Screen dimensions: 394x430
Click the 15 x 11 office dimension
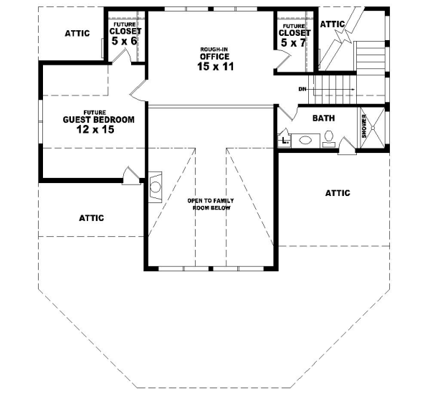coord(215,67)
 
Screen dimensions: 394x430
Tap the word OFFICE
coord(215,57)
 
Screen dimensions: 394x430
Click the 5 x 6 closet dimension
coord(126,42)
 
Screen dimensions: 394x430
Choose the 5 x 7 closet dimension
coord(295,43)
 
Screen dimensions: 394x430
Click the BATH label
coord(325,117)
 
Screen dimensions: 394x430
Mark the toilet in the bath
coord(329,136)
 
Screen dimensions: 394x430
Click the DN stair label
coord(303,89)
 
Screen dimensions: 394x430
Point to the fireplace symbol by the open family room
coord(156,189)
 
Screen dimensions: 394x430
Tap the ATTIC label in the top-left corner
coord(77,33)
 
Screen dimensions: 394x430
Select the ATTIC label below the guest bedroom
coord(91,217)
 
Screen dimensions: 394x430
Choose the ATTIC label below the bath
coord(338,193)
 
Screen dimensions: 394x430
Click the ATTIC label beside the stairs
coord(333,24)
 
